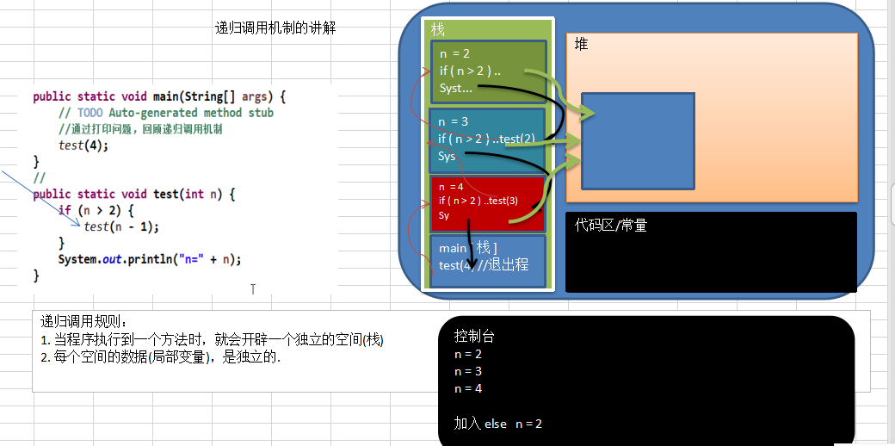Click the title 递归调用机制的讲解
275,28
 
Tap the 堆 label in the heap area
582,44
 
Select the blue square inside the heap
638,140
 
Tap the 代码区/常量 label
611,226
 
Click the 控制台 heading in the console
474,337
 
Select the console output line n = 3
468,371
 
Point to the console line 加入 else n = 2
497,424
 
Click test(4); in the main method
83,145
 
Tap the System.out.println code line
150,259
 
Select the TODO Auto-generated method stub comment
165,113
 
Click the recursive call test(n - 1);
121,226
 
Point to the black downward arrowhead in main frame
469,262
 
